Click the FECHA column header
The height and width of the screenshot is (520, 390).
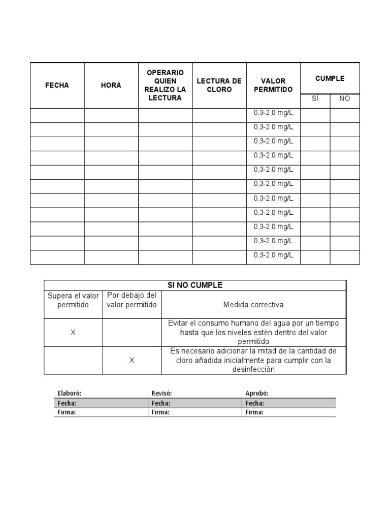click(57, 85)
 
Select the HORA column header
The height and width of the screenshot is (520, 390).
click(111, 85)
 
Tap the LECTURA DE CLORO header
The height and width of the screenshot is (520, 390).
click(219, 85)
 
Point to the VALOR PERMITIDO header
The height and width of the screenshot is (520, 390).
click(273, 85)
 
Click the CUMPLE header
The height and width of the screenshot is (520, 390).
click(330, 79)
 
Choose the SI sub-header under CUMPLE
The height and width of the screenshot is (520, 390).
click(315, 99)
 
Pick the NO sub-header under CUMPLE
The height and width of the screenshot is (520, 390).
click(344, 99)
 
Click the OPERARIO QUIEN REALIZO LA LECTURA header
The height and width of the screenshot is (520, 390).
click(165, 85)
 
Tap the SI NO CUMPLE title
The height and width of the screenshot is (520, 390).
click(195, 285)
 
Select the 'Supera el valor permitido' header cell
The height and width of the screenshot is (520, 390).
click(73, 300)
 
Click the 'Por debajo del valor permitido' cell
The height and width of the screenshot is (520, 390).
click(132, 300)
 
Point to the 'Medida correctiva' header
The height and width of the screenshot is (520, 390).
click(253, 305)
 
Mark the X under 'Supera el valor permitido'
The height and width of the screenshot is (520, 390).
click(73, 333)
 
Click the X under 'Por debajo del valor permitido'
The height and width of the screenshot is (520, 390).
click(132, 361)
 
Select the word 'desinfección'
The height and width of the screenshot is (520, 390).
click(253, 370)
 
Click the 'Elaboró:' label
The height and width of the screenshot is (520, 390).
click(70, 394)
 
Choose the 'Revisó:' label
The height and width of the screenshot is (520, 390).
click(162, 394)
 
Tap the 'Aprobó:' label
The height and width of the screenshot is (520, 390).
click(257, 394)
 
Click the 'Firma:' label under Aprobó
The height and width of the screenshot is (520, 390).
click(254, 412)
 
